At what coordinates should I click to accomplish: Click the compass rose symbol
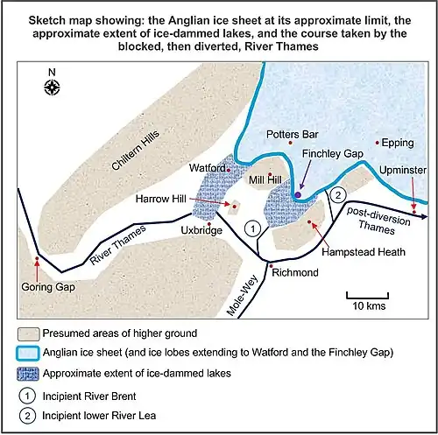click(x=53, y=86)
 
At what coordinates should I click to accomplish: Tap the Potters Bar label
click(x=292, y=134)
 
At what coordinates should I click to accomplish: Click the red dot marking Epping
click(x=378, y=142)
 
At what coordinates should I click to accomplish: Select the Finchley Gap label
click(x=332, y=154)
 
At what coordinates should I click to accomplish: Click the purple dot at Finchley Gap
click(x=300, y=194)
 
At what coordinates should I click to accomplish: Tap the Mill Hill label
click(x=266, y=179)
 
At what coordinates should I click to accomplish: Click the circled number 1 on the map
click(x=252, y=229)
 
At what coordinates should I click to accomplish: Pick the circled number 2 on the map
click(x=340, y=194)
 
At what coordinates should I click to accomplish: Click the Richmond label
click(x=294, y=273)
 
